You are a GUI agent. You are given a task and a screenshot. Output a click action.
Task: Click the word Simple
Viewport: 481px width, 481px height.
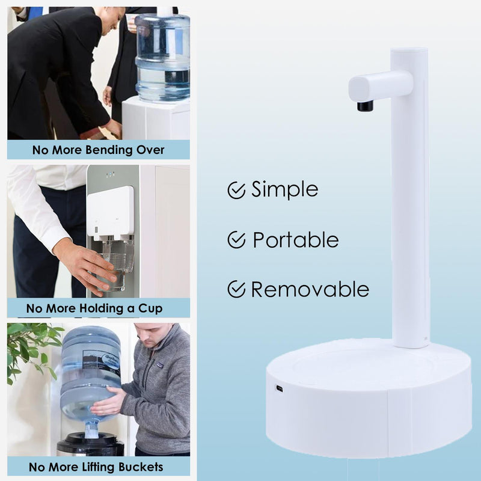(284, 189)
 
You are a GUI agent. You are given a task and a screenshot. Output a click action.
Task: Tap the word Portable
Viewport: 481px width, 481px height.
(296, 239)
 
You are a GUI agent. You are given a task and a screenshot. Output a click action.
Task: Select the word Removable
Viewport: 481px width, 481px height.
(310, 289)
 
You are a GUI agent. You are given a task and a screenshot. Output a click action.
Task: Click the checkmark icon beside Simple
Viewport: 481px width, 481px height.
(236, 190)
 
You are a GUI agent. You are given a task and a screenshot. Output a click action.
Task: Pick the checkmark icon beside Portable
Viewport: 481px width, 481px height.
(236, 240)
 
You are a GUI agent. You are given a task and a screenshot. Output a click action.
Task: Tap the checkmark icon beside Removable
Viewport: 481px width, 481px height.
(236, 289)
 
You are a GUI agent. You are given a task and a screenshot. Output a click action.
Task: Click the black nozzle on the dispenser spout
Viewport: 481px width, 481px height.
(365, 106)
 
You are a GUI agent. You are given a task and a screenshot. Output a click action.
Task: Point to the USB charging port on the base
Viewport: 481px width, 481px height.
(279, 388)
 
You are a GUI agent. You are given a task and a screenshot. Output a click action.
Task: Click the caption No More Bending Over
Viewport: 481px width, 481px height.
(99, 150)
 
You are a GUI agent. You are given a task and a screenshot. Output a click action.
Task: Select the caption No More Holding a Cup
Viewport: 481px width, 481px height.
(94, 308)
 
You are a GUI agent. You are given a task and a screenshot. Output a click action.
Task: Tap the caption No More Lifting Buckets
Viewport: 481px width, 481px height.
(96, 467)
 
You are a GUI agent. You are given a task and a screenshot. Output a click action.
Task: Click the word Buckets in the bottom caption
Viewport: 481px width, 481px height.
(141, 467)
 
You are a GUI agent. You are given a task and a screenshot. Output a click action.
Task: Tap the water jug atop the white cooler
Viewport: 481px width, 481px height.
(162, 57)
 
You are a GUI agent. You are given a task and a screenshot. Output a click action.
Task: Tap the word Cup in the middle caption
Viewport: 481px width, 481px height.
(150, 308)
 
